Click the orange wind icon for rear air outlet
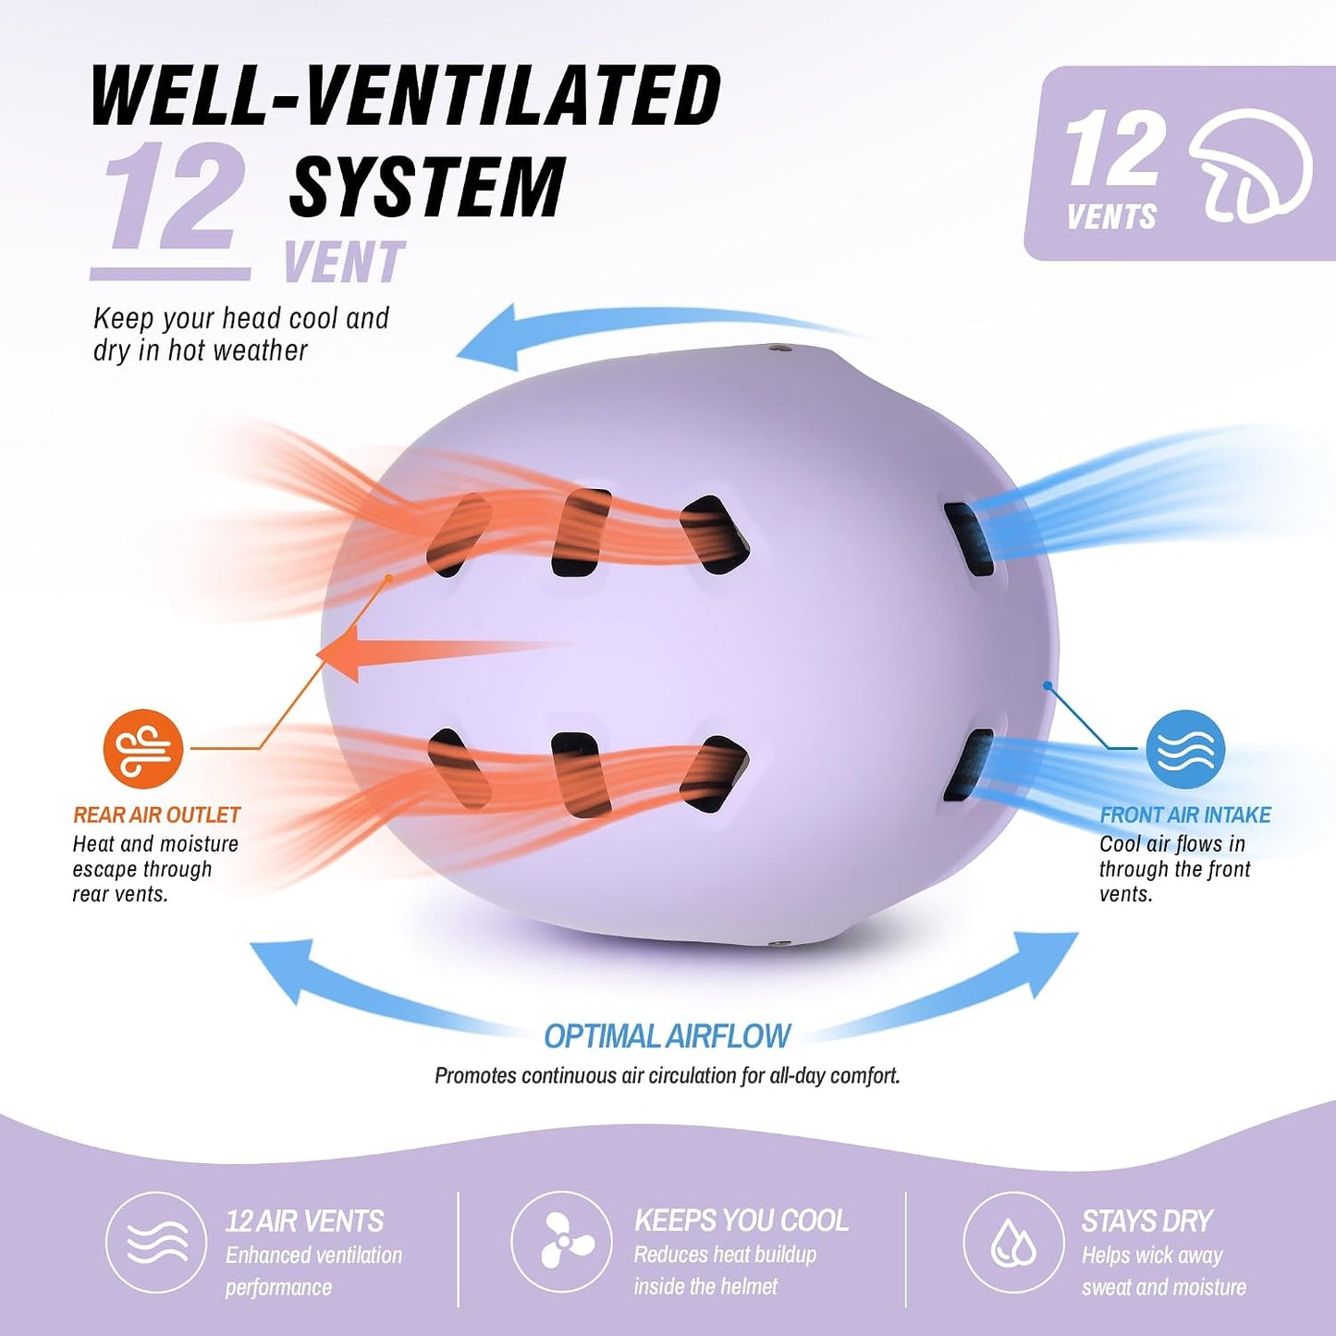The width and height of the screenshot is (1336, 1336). click(x=143, y=749)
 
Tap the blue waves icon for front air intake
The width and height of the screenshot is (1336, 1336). click(x=1185, y=749)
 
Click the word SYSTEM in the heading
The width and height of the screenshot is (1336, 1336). click(x=427, y=185)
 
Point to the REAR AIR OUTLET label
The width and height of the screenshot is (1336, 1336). click(x=156, y=815)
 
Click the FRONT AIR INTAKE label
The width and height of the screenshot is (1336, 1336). click(x=1185, y=815)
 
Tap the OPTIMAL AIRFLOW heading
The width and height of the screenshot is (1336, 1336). click(x=667, y=1036)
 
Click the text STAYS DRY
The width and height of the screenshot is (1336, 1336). click(x=1147, y=1221)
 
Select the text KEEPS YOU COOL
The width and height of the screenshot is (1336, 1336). click(x=742, y=1221)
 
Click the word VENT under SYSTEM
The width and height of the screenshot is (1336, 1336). click(x=344, y=262)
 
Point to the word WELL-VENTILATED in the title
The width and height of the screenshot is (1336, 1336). click(x=406, y=94)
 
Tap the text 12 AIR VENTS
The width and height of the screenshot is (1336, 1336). click(x=304, y=1221)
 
